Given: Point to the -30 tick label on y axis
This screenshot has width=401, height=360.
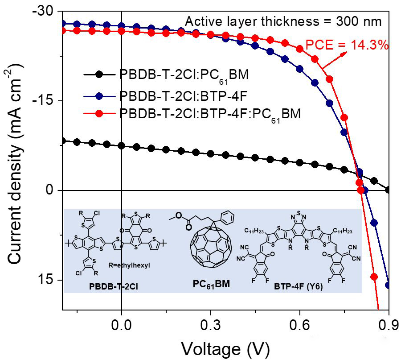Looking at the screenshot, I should [x=43, y=11].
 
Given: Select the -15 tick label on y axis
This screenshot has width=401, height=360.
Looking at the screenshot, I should [x=43, y=100].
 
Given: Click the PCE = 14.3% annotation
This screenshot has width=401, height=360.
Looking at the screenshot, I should [x=347, y=45].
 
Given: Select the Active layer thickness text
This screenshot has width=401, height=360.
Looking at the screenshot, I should [x=283, y=21].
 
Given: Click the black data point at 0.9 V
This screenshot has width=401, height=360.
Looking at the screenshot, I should [x=388, y=190].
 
